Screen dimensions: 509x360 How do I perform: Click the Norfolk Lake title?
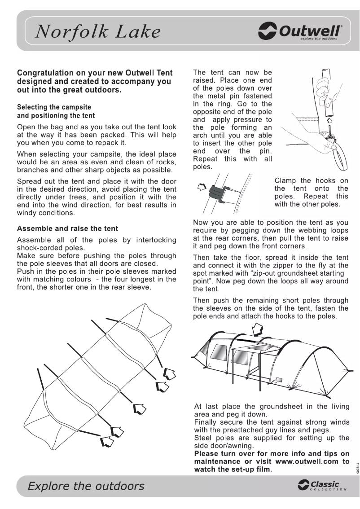click(98, 32)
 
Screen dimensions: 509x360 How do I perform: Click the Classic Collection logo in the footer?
click(321, 486)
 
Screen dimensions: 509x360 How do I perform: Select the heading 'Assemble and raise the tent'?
click(67, 228)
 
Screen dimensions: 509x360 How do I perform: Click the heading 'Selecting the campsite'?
click(54, 107)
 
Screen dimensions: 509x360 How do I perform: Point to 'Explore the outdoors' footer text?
click(86, 486)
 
